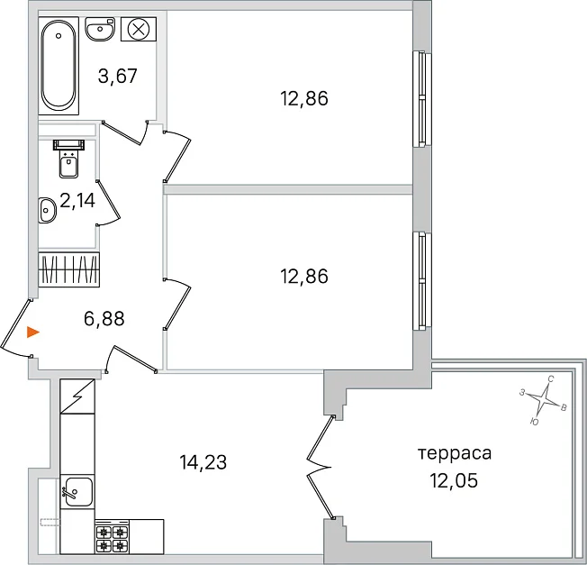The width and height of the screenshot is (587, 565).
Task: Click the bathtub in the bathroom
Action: [59, 66]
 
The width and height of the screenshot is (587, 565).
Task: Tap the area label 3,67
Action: [118, 76]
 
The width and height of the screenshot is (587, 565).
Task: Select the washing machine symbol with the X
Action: [139, 29]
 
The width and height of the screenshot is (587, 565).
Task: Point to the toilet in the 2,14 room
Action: [69, 159]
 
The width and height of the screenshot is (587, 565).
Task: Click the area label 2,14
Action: [77, 200]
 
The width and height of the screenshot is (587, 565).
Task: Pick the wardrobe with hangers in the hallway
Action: [69, 269]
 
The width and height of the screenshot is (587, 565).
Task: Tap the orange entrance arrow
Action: [33, 332]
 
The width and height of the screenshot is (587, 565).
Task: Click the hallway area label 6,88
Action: [104, 319]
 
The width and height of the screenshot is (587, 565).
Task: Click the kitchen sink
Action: [77, 492]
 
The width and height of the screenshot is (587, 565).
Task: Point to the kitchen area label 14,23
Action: [203, 462]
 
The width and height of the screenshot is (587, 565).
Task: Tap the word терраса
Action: [455, 454]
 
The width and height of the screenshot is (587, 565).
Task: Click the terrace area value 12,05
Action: [454, 480]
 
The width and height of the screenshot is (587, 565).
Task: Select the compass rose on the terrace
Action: [543, 400]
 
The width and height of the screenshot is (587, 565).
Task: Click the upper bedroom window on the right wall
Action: [422, 99]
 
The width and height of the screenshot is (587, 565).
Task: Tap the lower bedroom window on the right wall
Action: [422, 280]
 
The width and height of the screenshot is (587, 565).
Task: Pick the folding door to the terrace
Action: [320, 467]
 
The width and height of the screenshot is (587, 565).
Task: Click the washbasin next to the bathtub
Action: [100, 29]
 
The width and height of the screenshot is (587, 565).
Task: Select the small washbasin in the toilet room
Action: [47, 210]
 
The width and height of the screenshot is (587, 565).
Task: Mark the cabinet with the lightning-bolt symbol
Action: [77, 396]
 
